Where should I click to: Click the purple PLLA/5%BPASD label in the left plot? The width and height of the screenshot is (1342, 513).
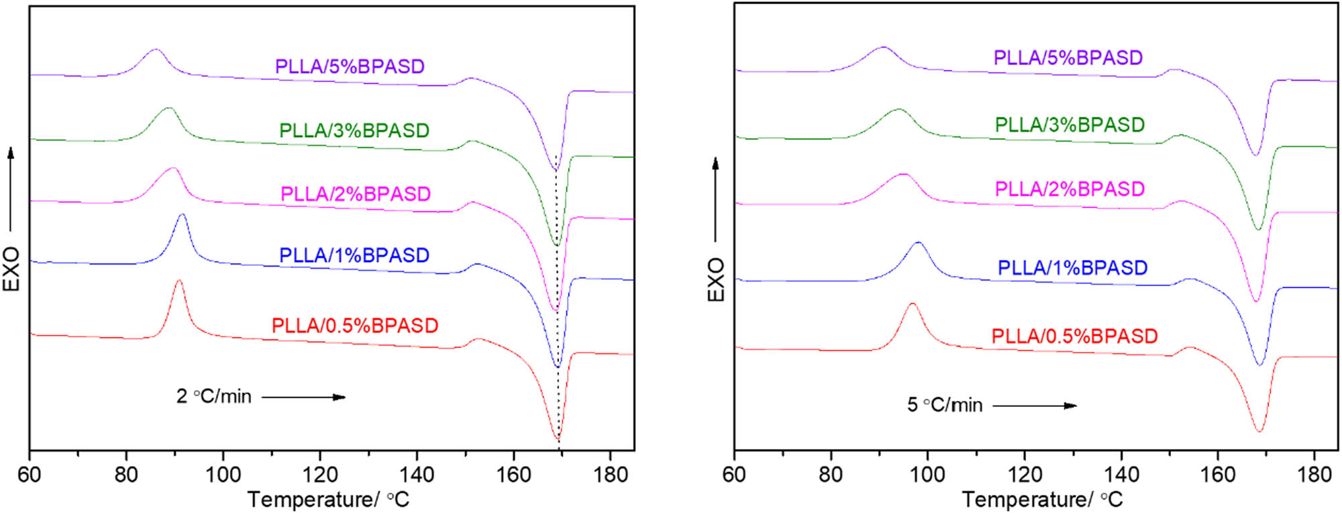tap(350, 66)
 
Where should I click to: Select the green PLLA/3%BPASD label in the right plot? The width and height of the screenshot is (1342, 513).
tap(1070, 125)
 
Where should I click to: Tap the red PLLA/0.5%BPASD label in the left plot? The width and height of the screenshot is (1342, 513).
tap(354, 326)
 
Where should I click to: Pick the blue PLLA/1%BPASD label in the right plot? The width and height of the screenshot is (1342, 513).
tap(1072, 268)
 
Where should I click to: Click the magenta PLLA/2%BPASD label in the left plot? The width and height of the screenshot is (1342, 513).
tap(355, 194)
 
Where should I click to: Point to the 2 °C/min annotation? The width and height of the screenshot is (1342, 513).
tap(213, 397)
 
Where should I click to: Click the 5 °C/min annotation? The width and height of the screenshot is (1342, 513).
tap(945, 405)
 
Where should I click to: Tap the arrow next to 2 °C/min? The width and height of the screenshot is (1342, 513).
tap(303, 398)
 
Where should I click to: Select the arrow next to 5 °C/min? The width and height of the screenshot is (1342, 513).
tap(1034, 406)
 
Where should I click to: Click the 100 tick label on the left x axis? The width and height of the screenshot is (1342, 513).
tap(223, 475)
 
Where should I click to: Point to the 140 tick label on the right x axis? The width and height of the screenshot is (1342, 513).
tap(1121, 475)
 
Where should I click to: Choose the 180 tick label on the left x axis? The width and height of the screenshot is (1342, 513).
tap(610, 475)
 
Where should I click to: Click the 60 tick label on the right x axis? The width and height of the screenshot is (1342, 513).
tap(734, 475)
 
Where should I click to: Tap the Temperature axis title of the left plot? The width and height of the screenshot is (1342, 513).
tap(328, 500)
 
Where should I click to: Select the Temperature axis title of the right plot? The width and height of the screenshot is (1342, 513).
tap(1042, 500)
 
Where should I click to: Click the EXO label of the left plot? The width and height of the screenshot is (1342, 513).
tap(11, 269)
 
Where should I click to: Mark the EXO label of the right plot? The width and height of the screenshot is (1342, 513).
tap(716, 279)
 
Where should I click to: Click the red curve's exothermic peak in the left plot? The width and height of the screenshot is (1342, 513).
tap(178, 281)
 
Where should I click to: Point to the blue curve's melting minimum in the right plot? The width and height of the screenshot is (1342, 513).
tap(1259, 365)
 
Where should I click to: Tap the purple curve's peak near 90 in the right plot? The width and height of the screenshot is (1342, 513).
tap(883, 48)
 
